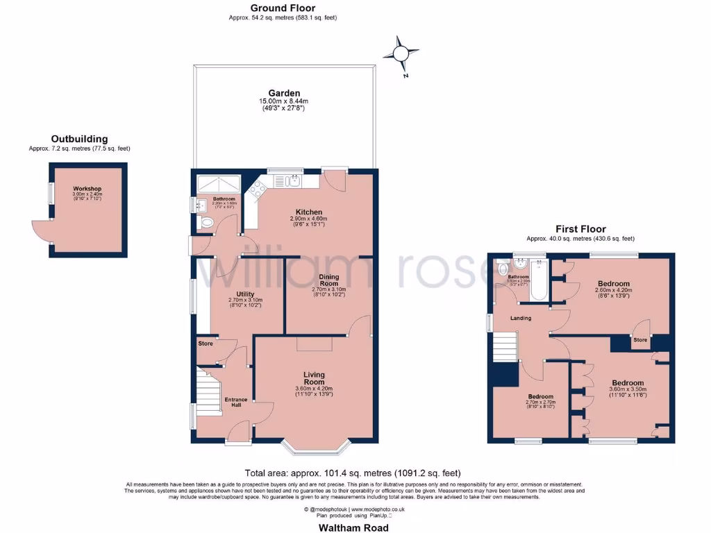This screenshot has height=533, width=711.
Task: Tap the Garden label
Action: click(x=284, y=93)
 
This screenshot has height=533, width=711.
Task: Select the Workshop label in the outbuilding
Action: click(x=87, y=189)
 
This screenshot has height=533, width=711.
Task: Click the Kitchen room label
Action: click(x=308, y=212)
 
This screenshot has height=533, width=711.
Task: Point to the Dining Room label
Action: click(x=328, y=280)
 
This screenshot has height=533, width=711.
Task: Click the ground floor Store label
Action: click(x=205, y=344)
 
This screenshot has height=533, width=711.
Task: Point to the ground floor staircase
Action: click(x=207, y=392)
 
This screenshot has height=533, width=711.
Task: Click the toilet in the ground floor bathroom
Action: click(x=208, y=223)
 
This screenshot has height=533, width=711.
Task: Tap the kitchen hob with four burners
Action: click(x=259, y=188)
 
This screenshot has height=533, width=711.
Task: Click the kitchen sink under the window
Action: click(x=287, y=181)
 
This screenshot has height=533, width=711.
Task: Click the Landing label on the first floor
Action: click(x=521, y=318)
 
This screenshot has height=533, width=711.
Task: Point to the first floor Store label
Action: click(x=639, y=340)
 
